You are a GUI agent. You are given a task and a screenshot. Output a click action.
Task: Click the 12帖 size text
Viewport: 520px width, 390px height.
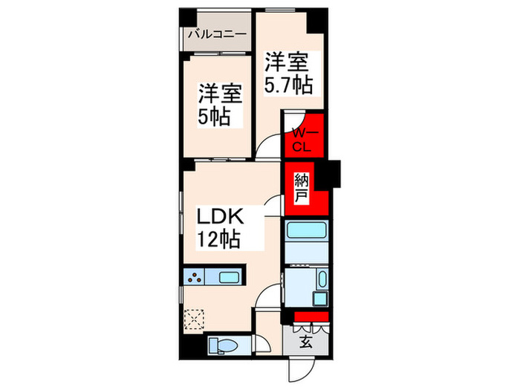[x=218, y=239]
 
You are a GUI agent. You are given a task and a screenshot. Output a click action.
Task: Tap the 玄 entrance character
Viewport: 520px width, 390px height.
[x=306, y=342]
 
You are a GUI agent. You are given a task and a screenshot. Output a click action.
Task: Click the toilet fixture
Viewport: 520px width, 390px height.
[x=222, y=344]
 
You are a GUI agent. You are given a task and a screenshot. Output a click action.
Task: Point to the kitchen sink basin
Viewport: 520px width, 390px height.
[x=229, y=279]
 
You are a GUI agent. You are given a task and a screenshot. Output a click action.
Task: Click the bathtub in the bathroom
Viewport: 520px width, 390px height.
[x=308, y=230]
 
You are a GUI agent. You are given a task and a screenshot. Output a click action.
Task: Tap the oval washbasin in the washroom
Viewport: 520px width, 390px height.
[x=322, y=280]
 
